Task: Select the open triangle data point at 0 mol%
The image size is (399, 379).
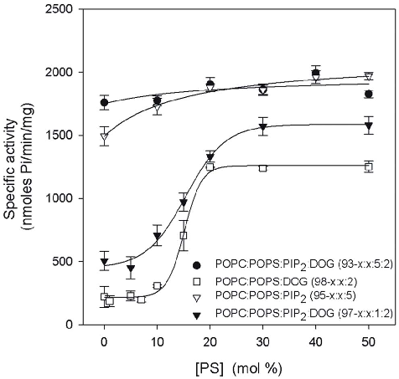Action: pos(104,136)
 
